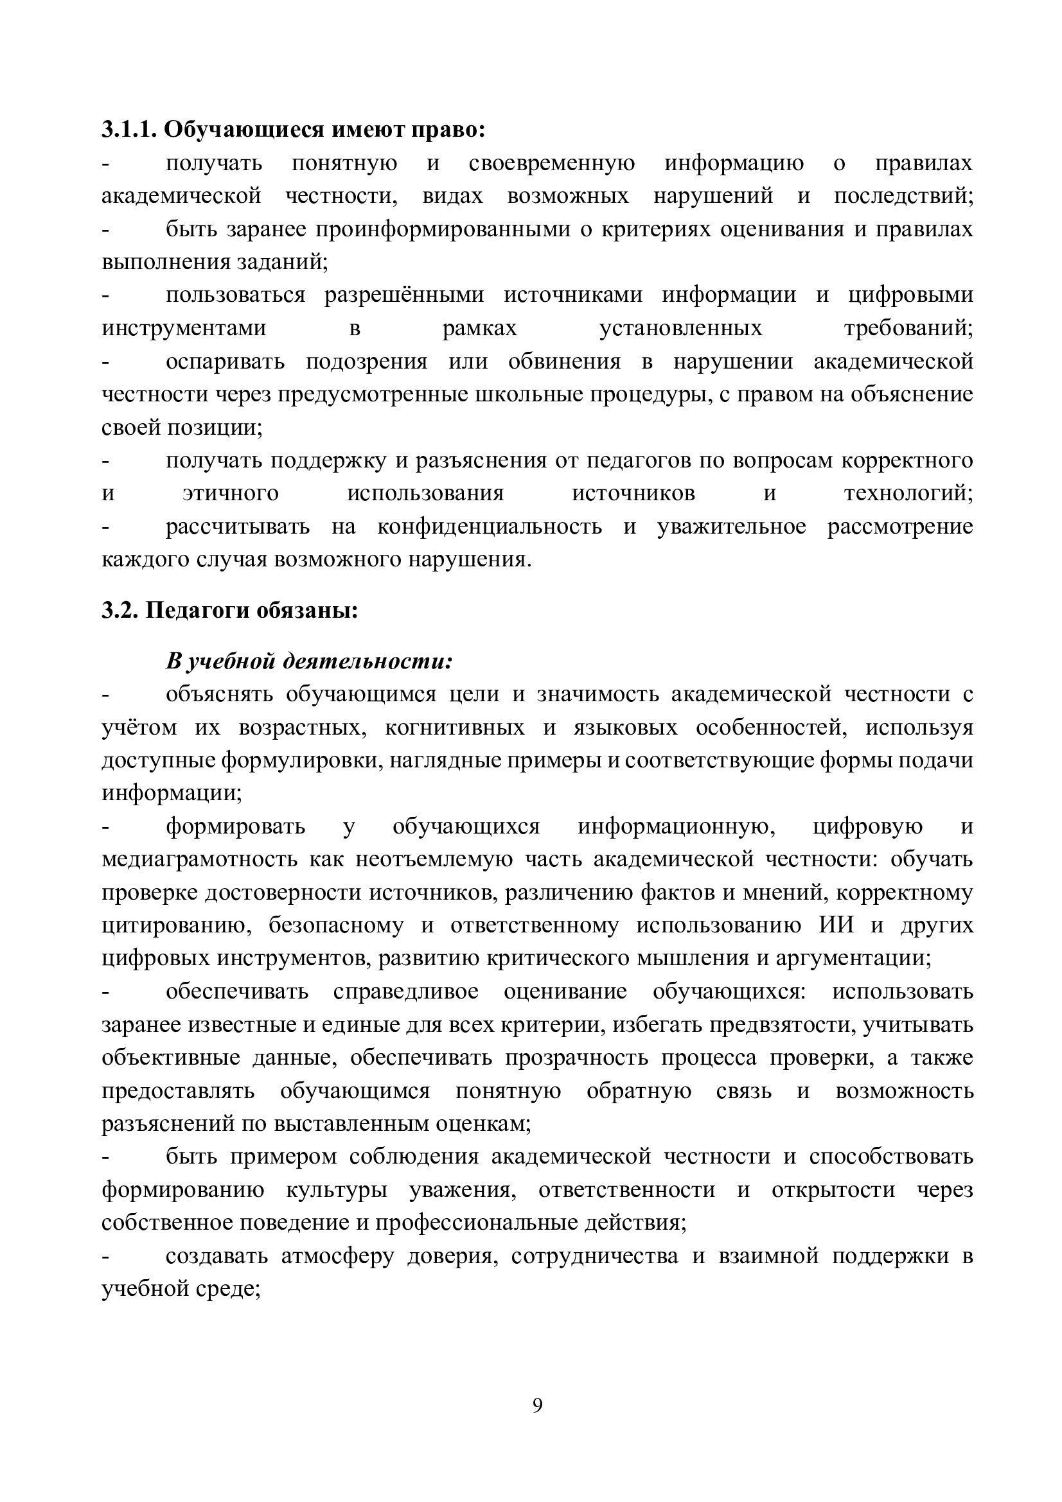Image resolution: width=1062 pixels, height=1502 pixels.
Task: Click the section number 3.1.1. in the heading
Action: [x=130, y=130]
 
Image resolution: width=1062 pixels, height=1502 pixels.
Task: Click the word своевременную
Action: [x=552, y=163]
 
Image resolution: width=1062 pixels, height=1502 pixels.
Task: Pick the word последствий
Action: [x=903, y=196]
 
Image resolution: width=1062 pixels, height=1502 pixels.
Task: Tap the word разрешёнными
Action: [x=404, y=295]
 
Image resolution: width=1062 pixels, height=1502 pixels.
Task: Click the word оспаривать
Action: [x=225, y=361]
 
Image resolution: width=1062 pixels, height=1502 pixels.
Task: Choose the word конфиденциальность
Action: [x=490, y=527]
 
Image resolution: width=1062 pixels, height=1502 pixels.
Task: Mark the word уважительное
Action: [x=732, y=527]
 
